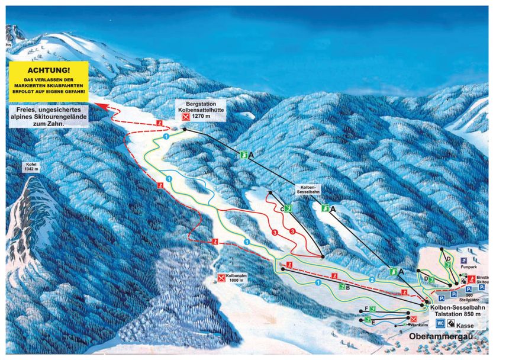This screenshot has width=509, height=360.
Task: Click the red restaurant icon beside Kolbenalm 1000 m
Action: tap(221, 277)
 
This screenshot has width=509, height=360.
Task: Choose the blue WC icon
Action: tap(441, 323)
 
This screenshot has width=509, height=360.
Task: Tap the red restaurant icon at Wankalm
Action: tap(414, 319)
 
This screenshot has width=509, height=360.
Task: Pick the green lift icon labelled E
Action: tap(368, 320)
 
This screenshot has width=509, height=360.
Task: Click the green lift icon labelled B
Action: tap(342, 287)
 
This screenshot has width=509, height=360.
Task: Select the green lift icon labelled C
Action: tap(288, 208)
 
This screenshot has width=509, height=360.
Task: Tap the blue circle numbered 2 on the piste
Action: tap(372, 279)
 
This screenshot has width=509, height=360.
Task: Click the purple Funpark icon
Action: tap(463, 259)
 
